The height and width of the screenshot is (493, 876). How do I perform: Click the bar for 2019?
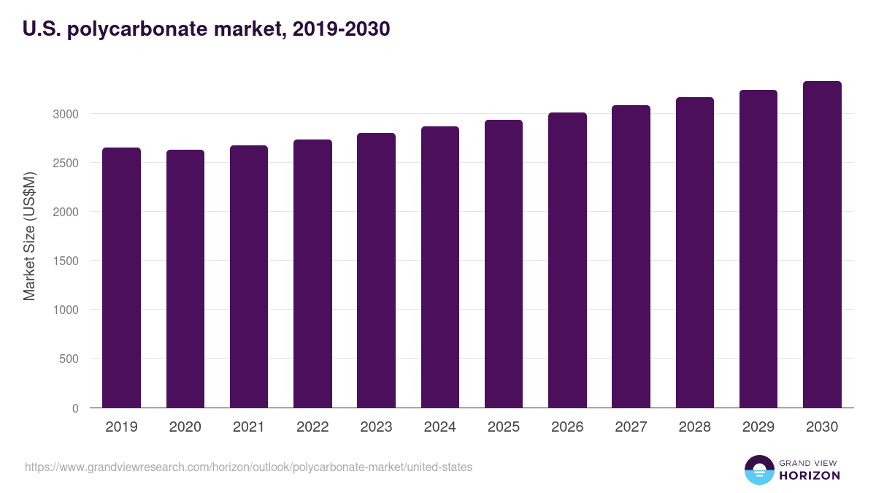121,278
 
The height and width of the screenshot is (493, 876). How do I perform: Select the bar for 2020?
185,279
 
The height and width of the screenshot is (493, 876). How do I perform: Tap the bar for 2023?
376,270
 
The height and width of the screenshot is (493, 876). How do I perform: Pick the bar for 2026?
567,260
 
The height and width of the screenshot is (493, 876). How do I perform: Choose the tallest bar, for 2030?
822,245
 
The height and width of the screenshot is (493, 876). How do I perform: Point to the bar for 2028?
694,253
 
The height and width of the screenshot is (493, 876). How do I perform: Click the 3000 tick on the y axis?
66,114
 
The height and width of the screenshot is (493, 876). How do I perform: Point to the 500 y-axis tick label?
69,359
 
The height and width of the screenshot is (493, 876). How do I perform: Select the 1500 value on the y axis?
66,261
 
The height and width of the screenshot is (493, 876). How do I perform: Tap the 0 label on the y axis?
75,408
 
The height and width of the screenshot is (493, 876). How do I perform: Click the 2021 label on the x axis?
248,427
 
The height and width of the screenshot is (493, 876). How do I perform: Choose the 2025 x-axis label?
504,427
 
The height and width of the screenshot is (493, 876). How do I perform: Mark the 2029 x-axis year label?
758,427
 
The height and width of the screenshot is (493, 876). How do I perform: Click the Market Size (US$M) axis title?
29,236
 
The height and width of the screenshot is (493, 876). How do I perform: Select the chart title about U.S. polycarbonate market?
207,29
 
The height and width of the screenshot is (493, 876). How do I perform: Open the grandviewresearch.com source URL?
249,467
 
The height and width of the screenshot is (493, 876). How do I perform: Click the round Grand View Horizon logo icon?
758,470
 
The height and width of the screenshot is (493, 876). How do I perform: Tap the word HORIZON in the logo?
809,475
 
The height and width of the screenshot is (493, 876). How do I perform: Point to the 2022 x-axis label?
312,427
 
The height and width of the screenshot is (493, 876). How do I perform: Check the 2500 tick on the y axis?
66,163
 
